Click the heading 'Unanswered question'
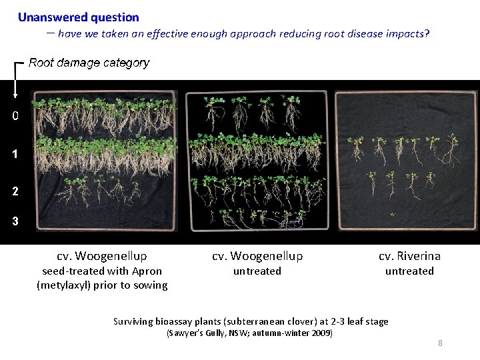tap(79, 17)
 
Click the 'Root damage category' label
tap(89, 63)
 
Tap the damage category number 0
tap(15, 115)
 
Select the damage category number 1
tap(15, 154)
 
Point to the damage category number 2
tap(15, 191)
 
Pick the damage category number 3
tap(15, 221)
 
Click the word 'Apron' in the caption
tap(147, 271)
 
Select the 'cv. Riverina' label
tap(409, 256)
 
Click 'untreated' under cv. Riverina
tap(409, 271)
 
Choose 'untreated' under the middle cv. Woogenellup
tap(257, 271)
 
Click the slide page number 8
tap(440, 343)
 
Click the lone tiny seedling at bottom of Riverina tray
tap(393, 215)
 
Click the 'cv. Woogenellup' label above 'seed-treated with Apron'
tap(102, 256)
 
